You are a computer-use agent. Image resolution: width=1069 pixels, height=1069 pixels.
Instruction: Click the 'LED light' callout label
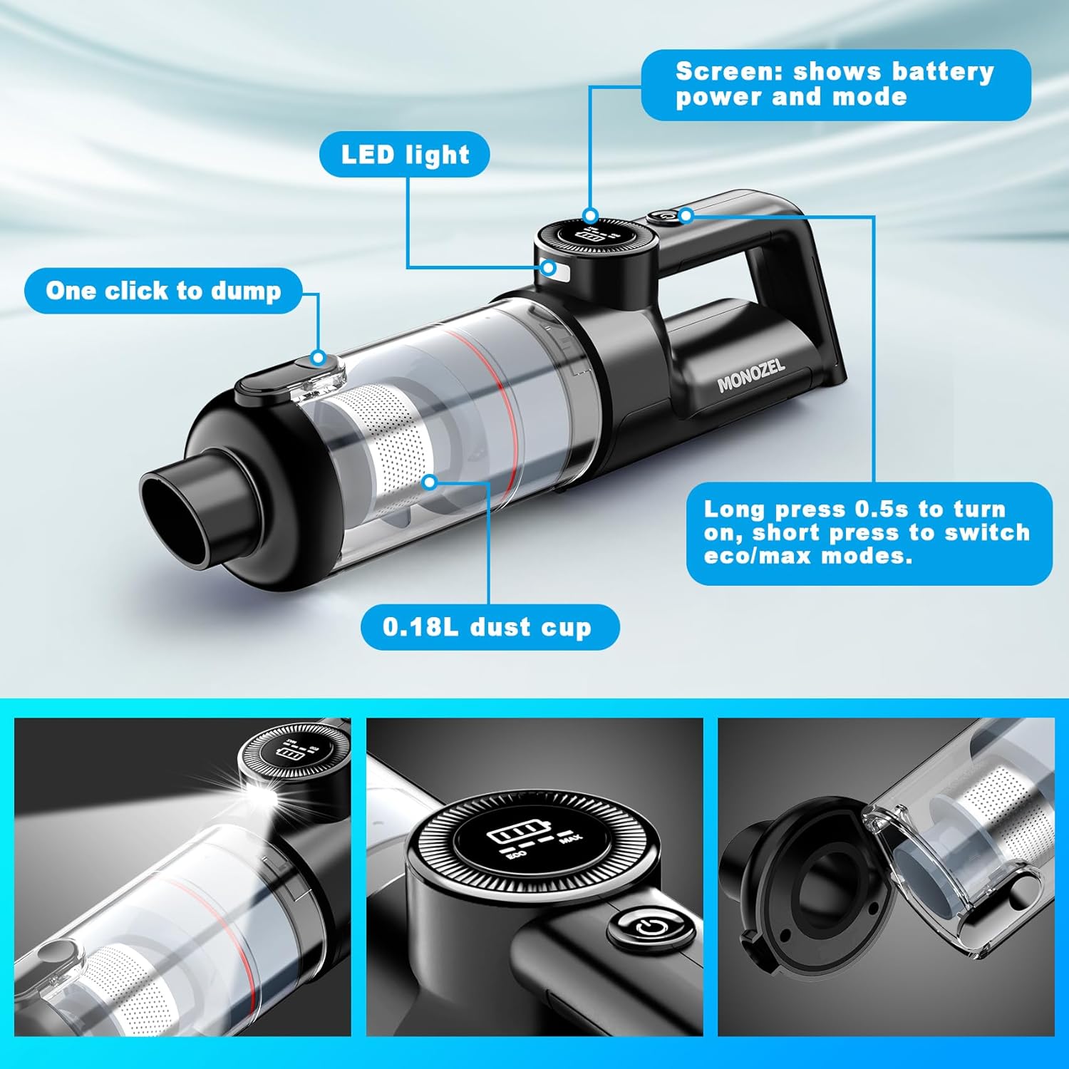(405, 155)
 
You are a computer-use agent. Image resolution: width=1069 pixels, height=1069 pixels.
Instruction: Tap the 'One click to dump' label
(163, 291)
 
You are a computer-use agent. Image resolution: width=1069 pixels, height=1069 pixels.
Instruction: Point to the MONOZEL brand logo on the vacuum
(751, 376)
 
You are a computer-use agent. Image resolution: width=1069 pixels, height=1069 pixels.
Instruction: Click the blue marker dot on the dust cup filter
(429, 482)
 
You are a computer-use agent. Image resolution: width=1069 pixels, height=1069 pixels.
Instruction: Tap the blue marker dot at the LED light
(549, 268)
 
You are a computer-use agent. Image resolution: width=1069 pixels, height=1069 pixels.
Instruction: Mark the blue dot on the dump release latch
(319, 358)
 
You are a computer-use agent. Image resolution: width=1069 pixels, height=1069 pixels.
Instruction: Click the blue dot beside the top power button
(686, 215)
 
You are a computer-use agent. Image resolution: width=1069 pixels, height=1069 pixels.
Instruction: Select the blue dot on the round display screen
(590, 215)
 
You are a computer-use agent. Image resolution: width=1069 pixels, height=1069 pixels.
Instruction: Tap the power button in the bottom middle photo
(649, 927)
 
